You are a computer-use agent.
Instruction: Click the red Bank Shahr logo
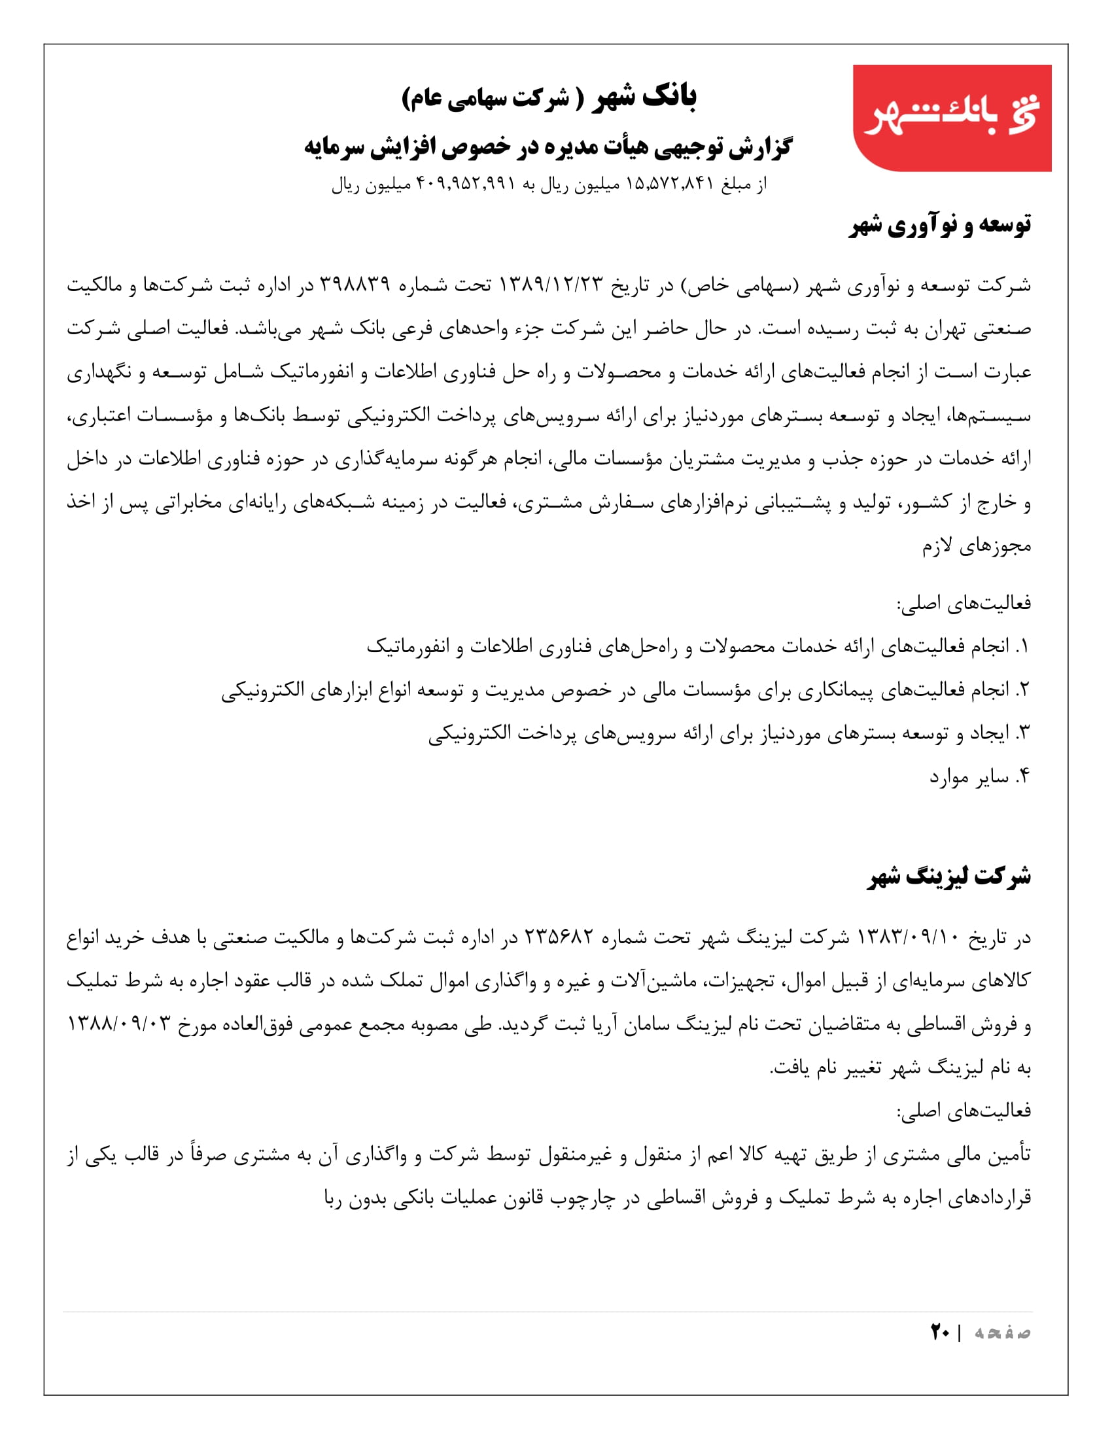[951, 118]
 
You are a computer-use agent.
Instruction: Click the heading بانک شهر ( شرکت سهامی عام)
[549, 97]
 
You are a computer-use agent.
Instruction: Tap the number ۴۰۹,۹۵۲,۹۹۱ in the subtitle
[466, 184]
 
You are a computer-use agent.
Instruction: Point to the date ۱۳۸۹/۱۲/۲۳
[551, 285]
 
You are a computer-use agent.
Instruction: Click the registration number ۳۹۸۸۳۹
[355, 285]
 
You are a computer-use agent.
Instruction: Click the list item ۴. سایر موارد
[980, 778]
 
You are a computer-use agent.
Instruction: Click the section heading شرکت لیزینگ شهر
[949, 876]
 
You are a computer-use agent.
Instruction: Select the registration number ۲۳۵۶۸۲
[559, 937]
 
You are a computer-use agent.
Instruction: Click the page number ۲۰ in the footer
[940, 1332]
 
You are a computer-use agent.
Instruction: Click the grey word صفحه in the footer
[1003, 1333]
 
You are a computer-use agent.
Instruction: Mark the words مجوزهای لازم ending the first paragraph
[977, 546]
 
